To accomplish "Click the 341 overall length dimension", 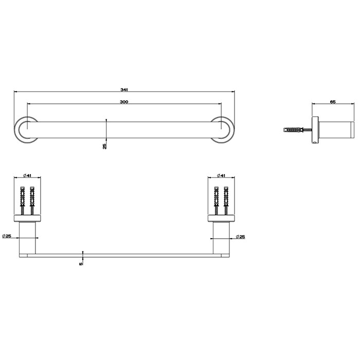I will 123,89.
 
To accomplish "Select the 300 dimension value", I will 123,101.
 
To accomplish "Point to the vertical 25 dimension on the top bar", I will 105,146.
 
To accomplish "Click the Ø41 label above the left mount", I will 27,175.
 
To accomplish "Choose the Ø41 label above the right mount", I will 221,175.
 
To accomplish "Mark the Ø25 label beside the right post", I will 241,236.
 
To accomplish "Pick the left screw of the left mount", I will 23,199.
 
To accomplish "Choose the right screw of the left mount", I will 32,199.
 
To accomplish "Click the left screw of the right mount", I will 216,199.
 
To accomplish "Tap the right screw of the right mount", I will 226,199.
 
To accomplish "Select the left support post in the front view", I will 28,238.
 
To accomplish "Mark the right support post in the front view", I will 221,238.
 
